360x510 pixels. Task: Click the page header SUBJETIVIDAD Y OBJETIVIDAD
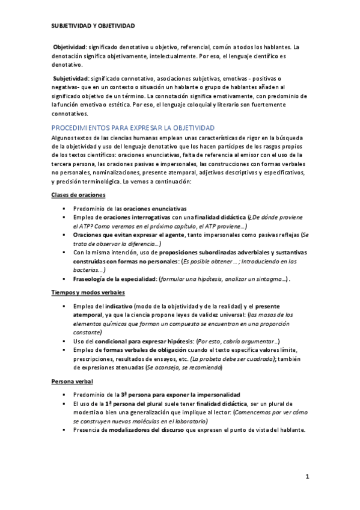[93, 26]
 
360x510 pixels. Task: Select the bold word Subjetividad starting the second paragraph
[70, 78]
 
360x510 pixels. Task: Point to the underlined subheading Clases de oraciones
[79, 195]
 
